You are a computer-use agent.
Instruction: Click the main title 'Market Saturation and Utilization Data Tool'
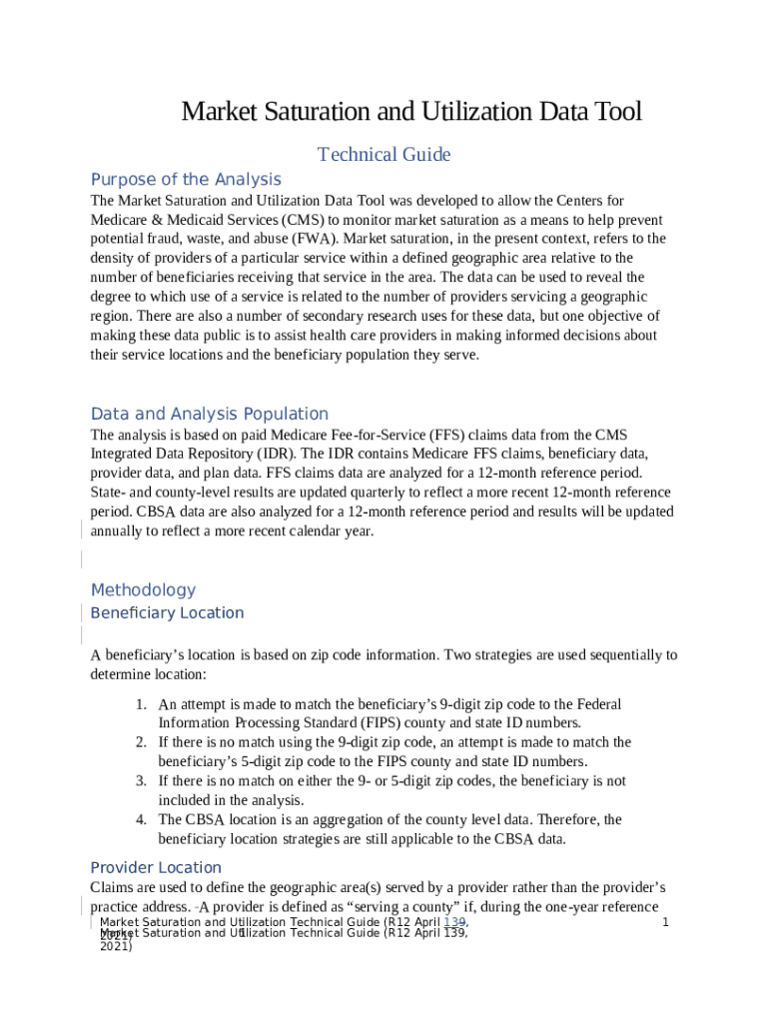point(410,112)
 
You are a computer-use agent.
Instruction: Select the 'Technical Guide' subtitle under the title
point(384,155)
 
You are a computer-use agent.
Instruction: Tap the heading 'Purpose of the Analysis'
point(186,180)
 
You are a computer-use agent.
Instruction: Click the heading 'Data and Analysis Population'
point(209,414)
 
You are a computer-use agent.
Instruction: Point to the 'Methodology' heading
point(143,590)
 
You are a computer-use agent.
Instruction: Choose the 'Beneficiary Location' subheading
point(167,613)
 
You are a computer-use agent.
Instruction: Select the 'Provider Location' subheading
point(156,867)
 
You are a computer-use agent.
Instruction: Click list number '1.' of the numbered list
point(142,704)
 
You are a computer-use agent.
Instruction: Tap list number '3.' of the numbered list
point(142,781)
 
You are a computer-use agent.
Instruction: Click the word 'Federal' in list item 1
point(598,704)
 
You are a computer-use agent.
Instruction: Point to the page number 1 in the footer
point(664,921)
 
